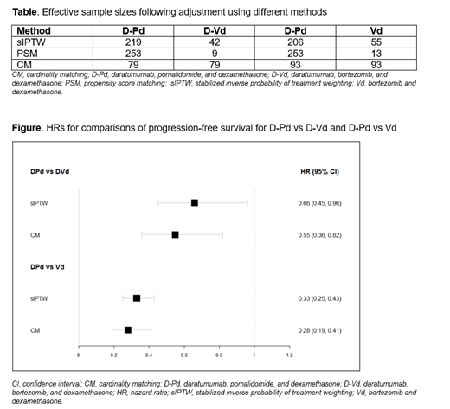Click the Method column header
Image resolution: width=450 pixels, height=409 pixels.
coord(34,30)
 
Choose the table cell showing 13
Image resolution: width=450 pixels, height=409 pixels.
coord(375,50)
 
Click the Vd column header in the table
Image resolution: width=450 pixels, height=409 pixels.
coord(375,30)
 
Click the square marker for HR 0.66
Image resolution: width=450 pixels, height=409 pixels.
coord(195,202)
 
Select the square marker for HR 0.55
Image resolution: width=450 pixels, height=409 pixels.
coord(176,234)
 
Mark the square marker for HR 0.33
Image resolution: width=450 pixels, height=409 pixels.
coord(137,298)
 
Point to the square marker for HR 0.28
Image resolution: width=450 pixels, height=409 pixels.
coord(128,329)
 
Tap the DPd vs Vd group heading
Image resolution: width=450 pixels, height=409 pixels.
coord(48,266)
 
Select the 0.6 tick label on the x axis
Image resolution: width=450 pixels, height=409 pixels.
coord(184,355)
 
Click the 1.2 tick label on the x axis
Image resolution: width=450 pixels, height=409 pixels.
coord(289,355)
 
